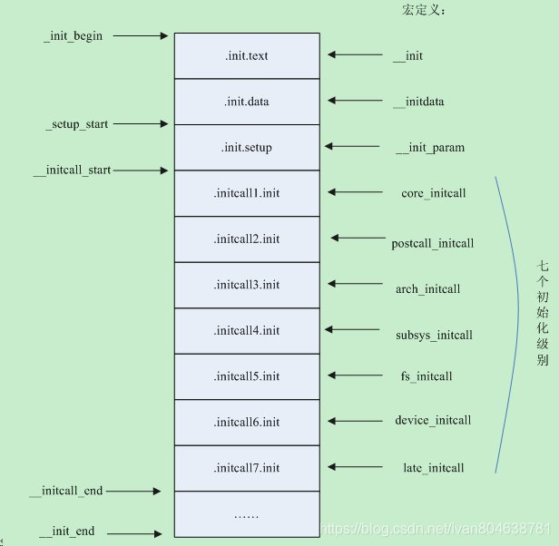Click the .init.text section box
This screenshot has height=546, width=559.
coord(247,56)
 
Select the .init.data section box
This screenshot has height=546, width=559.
coord(247,102)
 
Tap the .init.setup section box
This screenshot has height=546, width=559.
coord(247,148)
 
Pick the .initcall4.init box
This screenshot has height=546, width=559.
coord(247,331)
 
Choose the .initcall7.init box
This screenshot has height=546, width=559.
coord(247,468)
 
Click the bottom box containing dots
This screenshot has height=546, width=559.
coord(247,514)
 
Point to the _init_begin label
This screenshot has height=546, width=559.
coord(74,36)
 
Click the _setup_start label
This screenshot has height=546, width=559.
coord(77,124)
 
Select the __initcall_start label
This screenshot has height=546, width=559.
coord(72,170)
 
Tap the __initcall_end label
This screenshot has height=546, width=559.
coord(66,491)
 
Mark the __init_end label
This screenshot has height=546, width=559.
coord(67,531)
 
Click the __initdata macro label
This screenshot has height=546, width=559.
coord(418,102)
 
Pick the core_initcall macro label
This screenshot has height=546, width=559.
coord(433,193)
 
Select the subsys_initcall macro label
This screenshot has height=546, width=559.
coord(434,336)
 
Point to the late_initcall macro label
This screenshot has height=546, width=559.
coord(433,468)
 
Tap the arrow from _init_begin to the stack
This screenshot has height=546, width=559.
coord(141,36)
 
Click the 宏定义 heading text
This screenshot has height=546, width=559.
coord(424,11)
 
